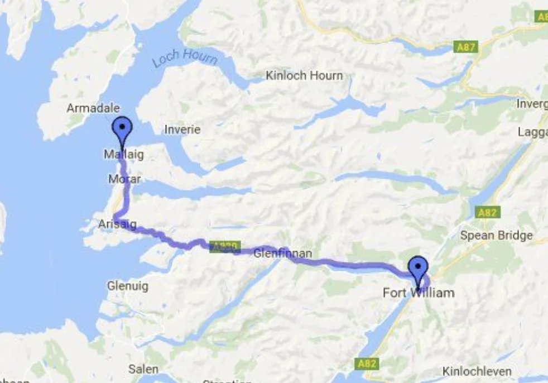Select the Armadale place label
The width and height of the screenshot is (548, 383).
point(93,108)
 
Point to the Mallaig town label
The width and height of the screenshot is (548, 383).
point(123,154)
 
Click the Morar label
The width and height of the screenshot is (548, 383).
point(125,179)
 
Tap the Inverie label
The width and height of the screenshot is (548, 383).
point(182,130)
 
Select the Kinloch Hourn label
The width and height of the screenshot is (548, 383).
point(304,75)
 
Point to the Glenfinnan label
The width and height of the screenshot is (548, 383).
point(282,253)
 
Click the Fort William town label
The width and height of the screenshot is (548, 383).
point(419,293)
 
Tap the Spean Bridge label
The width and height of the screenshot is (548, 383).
point(496,235)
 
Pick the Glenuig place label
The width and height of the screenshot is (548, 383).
point(128,286)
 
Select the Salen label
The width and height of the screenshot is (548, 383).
point(143,369)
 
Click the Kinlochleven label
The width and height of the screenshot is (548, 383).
point(477,371)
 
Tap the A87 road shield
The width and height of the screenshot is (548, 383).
point(466,47)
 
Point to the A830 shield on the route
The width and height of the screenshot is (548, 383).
point(224,246)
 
